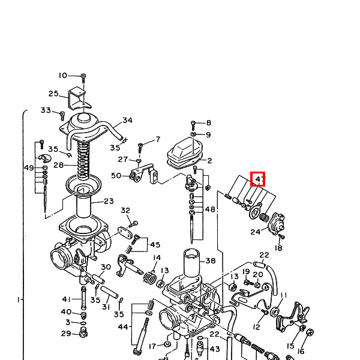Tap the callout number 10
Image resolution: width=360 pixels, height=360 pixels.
(x=62, y=76)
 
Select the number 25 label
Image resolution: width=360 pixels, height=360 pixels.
(x=53, y=94)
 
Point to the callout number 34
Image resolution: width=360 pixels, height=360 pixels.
(x=127, y=121)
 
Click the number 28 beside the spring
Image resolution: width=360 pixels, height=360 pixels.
(x=59, y=165)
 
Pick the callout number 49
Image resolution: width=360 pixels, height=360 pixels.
(x=29, y=168)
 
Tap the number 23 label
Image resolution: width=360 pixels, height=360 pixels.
(x=109, y=201)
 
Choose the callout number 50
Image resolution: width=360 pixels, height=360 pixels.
(x=116, y=176)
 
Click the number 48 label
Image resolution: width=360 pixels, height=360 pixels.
(x=210, y=209)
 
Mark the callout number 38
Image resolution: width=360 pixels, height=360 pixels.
(x=211, y=260)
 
